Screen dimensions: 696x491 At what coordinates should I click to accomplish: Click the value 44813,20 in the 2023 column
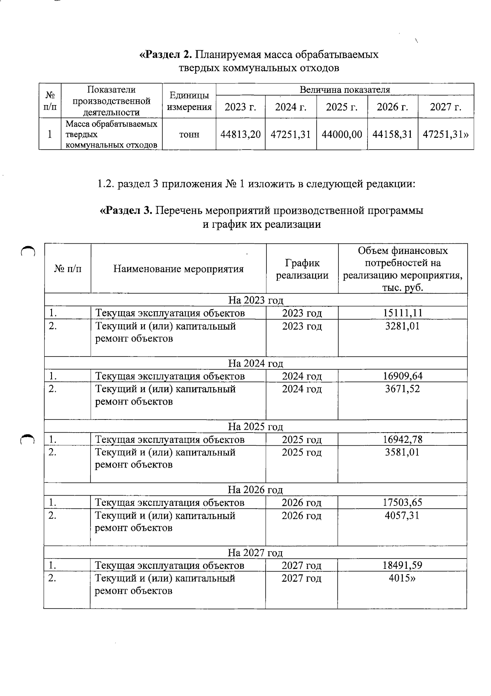(x=241, y=134)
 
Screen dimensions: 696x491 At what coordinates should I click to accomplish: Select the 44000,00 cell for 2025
(x=342, y=134)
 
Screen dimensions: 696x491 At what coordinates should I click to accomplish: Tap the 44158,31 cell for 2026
(x=392, y=134)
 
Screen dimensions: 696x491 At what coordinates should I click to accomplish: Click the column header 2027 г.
(x=446, y=107)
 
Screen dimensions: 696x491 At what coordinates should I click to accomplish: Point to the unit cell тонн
(x=189, y=134)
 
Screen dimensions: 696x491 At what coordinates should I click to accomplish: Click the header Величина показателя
(x=345, y=90)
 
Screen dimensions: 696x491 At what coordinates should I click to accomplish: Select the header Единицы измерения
(x=189, y=101)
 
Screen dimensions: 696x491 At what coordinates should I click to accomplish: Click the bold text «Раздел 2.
(x=166, y=55)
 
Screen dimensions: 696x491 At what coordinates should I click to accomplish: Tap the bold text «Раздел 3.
(x=126, y=211)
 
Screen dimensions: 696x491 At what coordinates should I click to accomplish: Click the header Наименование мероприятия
(x=178, y=269)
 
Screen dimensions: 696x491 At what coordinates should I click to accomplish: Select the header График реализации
(x=302, y=269)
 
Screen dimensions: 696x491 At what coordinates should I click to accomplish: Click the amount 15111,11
(x=403, y=313)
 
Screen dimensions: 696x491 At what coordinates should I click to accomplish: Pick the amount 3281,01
(x=403, y=326)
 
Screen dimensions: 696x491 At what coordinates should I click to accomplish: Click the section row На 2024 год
(x=255, y=364)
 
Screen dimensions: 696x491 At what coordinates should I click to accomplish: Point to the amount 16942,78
(x=403, y=440)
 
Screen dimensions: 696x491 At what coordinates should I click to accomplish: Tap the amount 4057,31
(x=402, y=515)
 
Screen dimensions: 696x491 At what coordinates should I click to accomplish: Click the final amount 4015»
(x=402, y=578)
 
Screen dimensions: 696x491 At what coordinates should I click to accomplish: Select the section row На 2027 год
(x=255, y=553)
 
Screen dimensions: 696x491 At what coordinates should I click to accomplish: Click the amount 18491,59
(x=402, y=566)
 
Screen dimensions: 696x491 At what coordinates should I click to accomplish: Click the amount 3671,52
(x=403, y=389)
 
